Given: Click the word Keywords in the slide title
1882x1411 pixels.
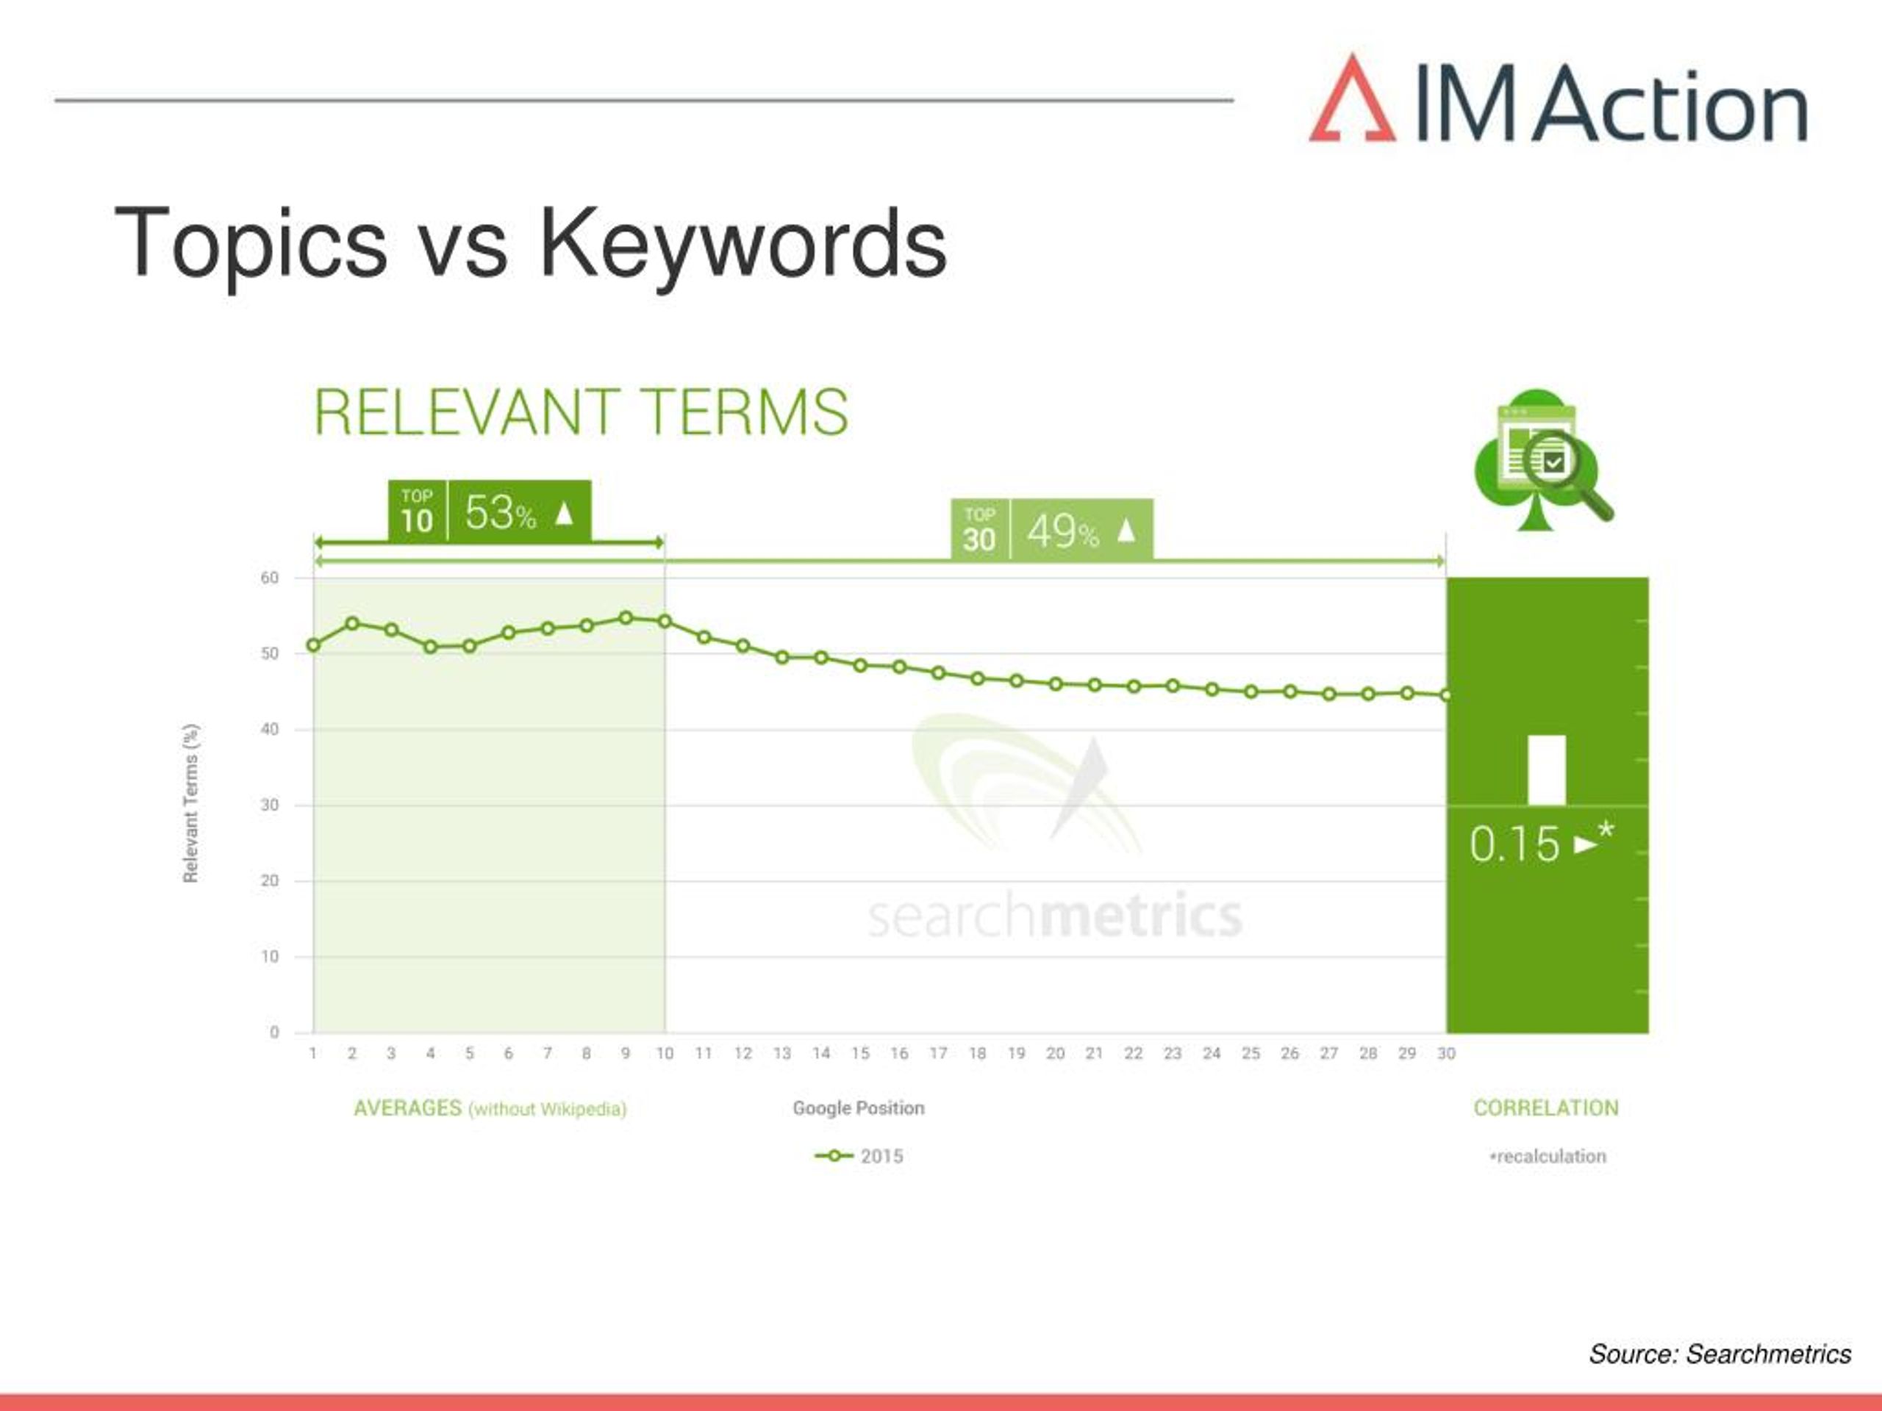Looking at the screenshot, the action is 743,244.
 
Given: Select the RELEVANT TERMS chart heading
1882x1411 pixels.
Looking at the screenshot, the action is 581,412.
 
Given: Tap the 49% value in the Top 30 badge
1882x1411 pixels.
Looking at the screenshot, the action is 1062,531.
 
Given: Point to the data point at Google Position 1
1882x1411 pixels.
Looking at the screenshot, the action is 313,645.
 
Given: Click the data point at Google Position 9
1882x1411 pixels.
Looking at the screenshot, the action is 626,618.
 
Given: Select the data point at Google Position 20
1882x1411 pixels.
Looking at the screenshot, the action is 1055,683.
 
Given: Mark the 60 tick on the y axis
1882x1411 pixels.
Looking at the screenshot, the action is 270,578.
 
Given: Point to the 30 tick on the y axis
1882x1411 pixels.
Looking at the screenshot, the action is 270,805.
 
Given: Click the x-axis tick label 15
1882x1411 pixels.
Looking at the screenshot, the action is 860,1053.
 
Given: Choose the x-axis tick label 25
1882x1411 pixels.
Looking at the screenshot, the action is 1251,1053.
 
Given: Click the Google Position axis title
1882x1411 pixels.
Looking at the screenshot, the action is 859,1107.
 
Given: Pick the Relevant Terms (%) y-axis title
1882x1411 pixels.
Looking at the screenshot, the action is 190,803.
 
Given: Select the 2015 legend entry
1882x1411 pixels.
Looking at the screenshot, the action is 859,1156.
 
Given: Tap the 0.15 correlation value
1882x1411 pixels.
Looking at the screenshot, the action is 1514,844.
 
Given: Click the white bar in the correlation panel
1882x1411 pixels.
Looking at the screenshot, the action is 1547,769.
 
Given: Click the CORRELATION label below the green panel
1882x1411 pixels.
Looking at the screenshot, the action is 1546,1107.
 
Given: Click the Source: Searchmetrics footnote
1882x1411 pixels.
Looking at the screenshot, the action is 1720,1353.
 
